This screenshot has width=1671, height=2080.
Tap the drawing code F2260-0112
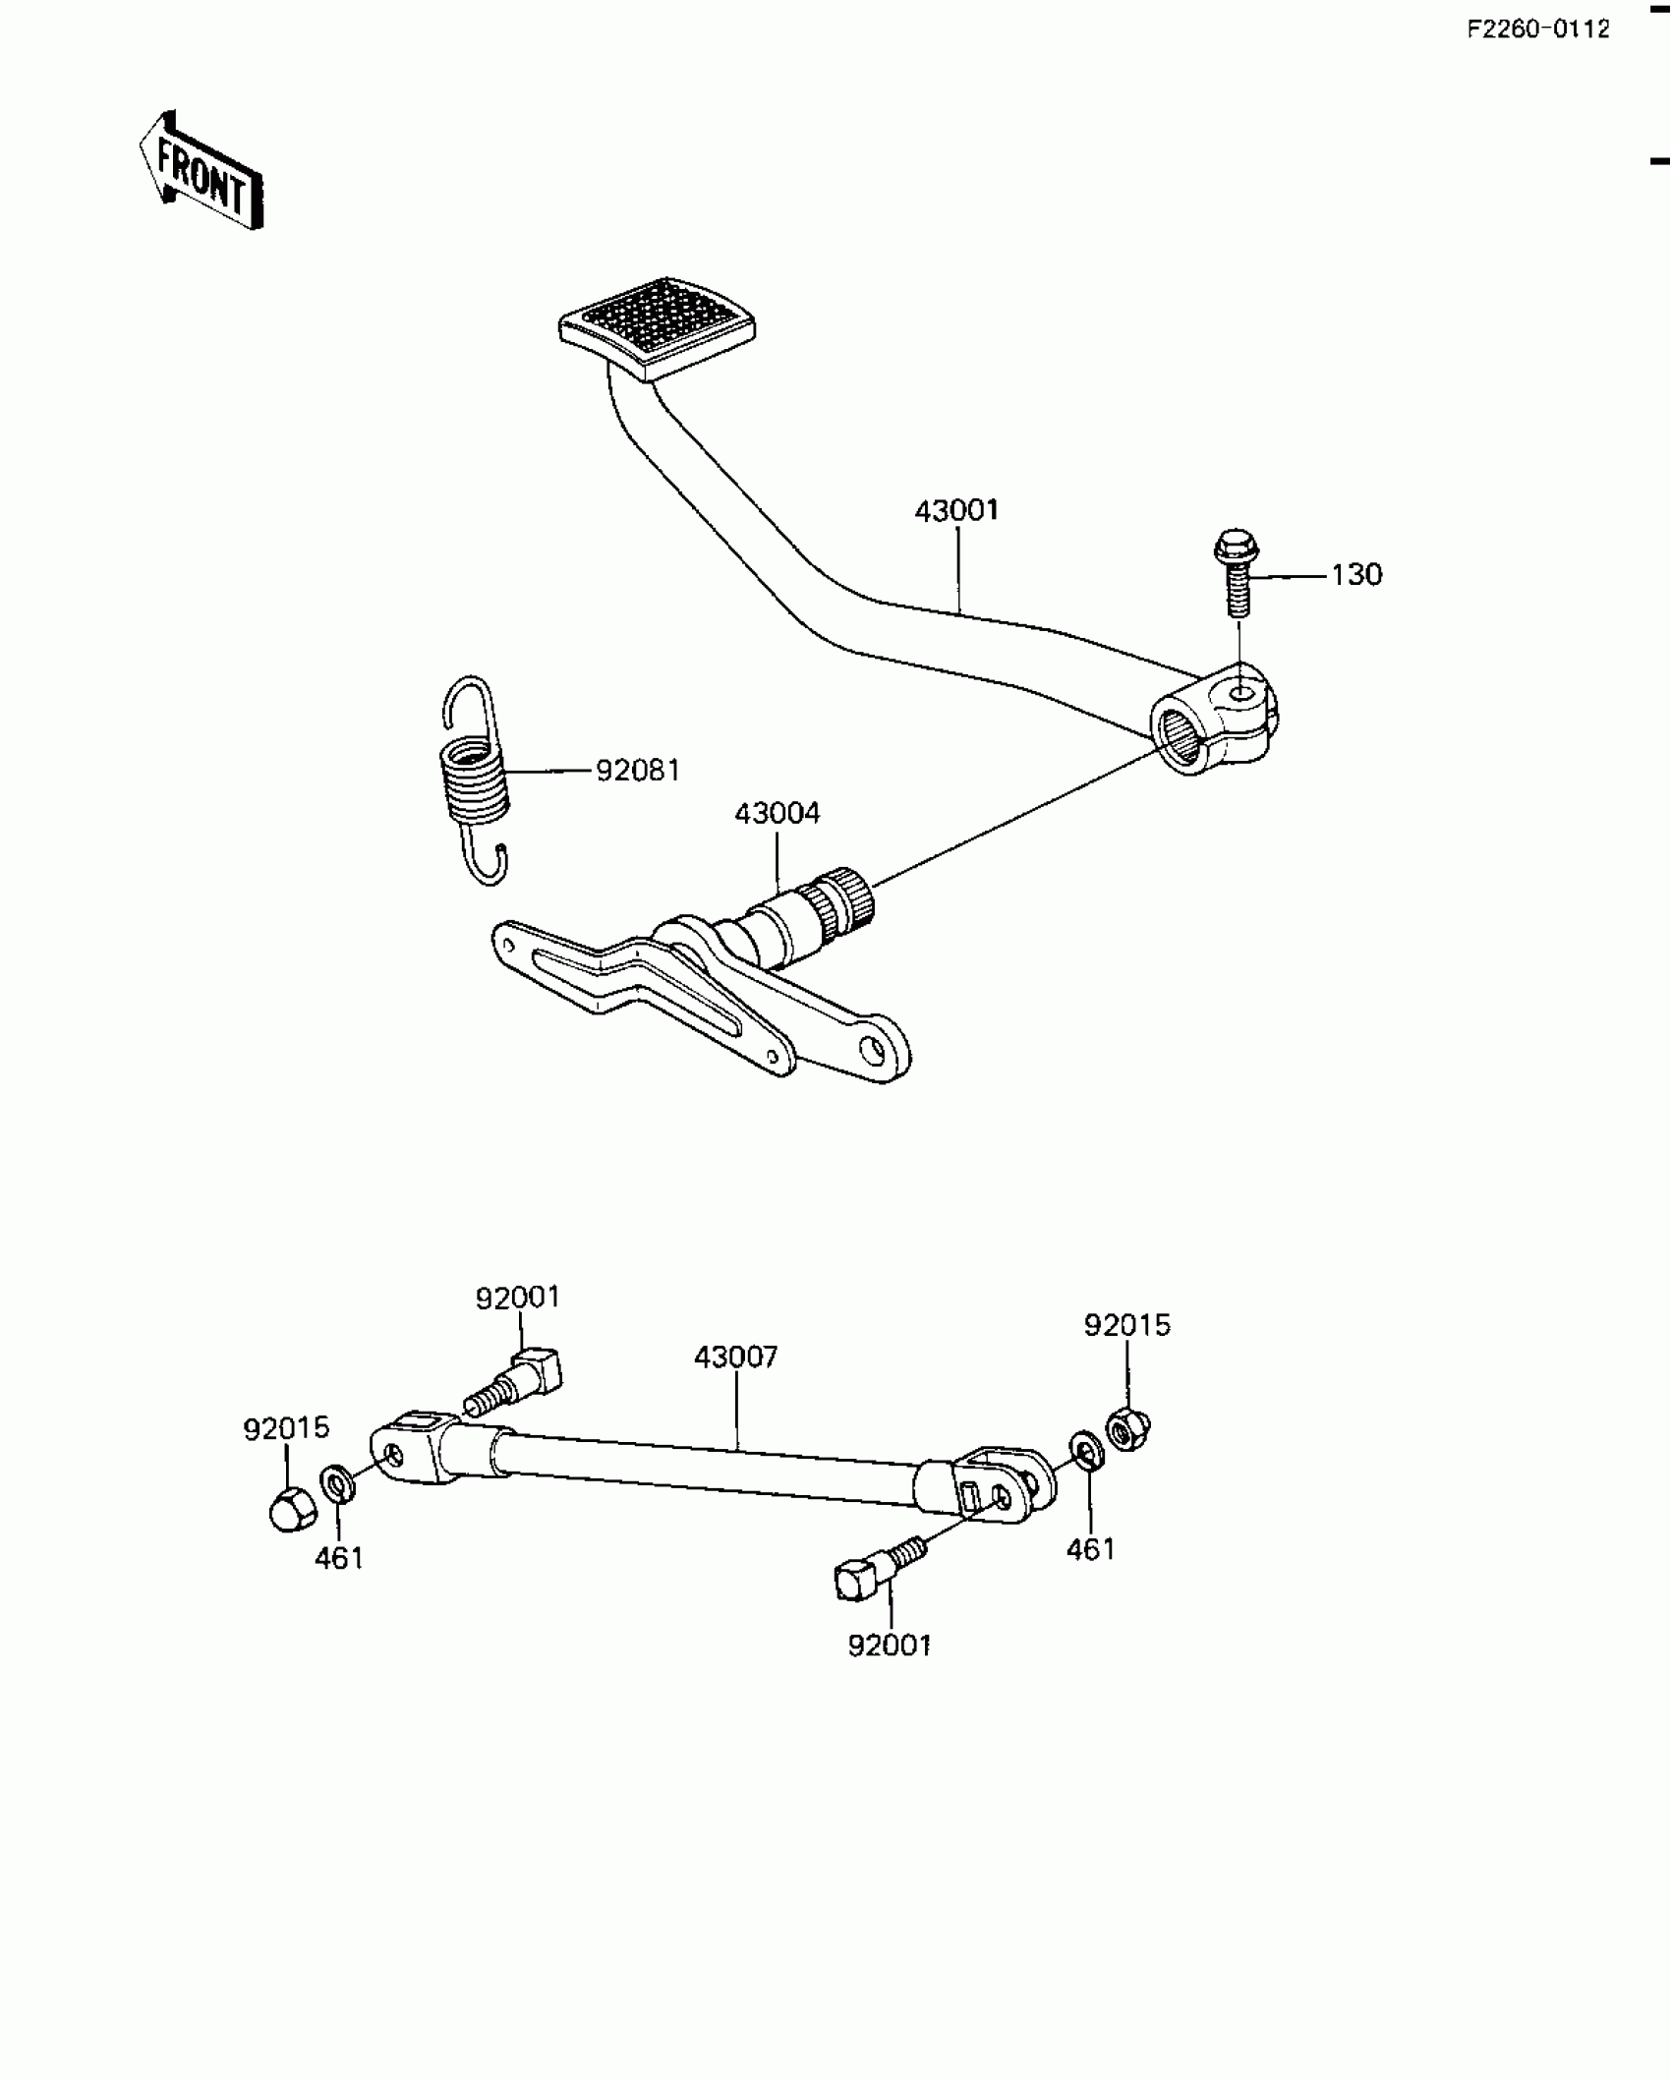tap(1538, 29)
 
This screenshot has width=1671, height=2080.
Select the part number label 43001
tap(955, 511)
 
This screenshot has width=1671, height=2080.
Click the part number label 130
tap(1356, 575)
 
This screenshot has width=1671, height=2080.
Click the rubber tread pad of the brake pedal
tap(656, 329)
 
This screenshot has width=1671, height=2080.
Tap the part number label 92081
tap(638, 771)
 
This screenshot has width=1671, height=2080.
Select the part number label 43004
tap(777, 814)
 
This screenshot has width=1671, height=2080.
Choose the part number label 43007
tap(735, 1358)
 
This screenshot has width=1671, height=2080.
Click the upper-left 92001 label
tap(518, 1299)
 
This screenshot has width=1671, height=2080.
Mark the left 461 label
tap(339, 1559)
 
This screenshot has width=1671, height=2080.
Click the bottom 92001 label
tap(890, 1647)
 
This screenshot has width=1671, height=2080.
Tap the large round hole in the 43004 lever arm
tap(872, 1049)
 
